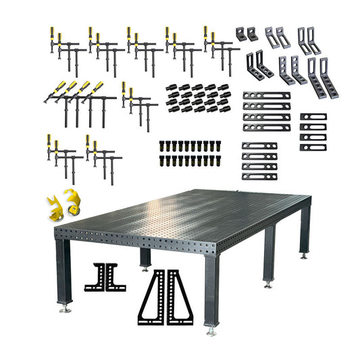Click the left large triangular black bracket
(153, 297)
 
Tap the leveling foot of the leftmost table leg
(66, 308)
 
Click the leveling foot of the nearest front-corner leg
(212, 330)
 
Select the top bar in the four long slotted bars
(266, 96)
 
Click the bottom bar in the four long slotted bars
(266, 127)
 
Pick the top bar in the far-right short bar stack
(313, 117)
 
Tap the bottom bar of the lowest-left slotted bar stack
(260, 176)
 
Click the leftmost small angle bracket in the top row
(241, 33)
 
